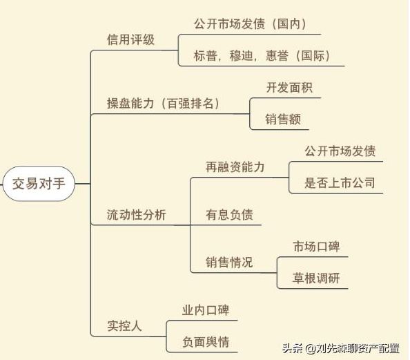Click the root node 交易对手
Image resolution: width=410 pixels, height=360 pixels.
tap(39, 184)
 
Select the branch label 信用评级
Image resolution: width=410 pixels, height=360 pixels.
tap(130, 40)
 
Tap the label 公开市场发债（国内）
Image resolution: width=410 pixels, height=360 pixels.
tap(250, 23)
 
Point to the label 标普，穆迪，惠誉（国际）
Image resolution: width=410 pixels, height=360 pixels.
tap(262, 56)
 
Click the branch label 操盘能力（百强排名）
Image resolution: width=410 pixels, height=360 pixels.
tap(163, 104)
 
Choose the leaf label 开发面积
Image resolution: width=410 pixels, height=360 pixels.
tap(289, 88)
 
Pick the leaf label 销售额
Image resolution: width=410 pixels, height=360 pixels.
tap(283, 119)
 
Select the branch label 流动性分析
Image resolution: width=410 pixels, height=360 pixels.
tap(137, 215)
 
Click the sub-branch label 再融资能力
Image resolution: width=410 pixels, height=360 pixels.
tap(235, 167)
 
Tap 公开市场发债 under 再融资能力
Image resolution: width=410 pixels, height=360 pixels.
tap(340, 151)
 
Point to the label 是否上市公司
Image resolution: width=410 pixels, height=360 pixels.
tap(340, 182)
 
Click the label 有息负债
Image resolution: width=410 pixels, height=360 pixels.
tap(229, 215)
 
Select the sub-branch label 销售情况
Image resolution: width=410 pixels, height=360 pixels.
tap(229, 263)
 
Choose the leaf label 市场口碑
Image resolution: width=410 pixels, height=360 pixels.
tap(316, 247)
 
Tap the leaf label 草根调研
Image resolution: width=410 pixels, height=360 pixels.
tap(316, 278)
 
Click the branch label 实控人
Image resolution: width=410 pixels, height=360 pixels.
tap(124, 326)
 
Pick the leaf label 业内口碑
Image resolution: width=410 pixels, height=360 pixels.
tap(206, 310)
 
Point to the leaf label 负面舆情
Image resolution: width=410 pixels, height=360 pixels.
tap(206, 342)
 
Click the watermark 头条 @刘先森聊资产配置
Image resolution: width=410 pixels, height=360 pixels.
tap(341, 348)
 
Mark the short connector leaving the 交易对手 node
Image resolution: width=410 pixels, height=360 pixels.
tap(83, 184)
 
